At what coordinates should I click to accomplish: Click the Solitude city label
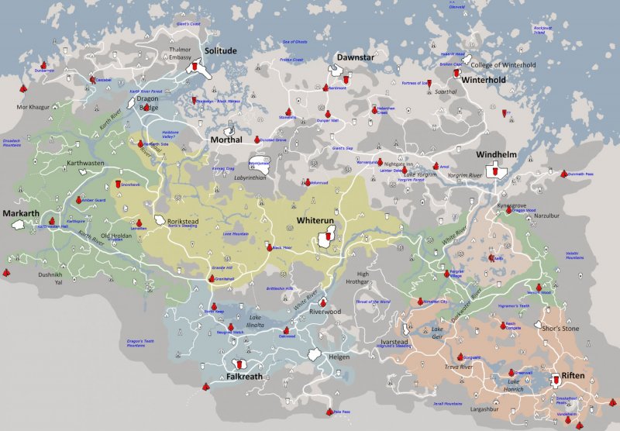tap(220, 50)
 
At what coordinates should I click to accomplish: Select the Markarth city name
tap(20, 213)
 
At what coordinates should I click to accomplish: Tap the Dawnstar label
tap(355, 58)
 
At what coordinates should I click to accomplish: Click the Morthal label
tap(226, 140)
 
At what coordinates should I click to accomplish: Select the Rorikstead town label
tap(184, 222)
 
